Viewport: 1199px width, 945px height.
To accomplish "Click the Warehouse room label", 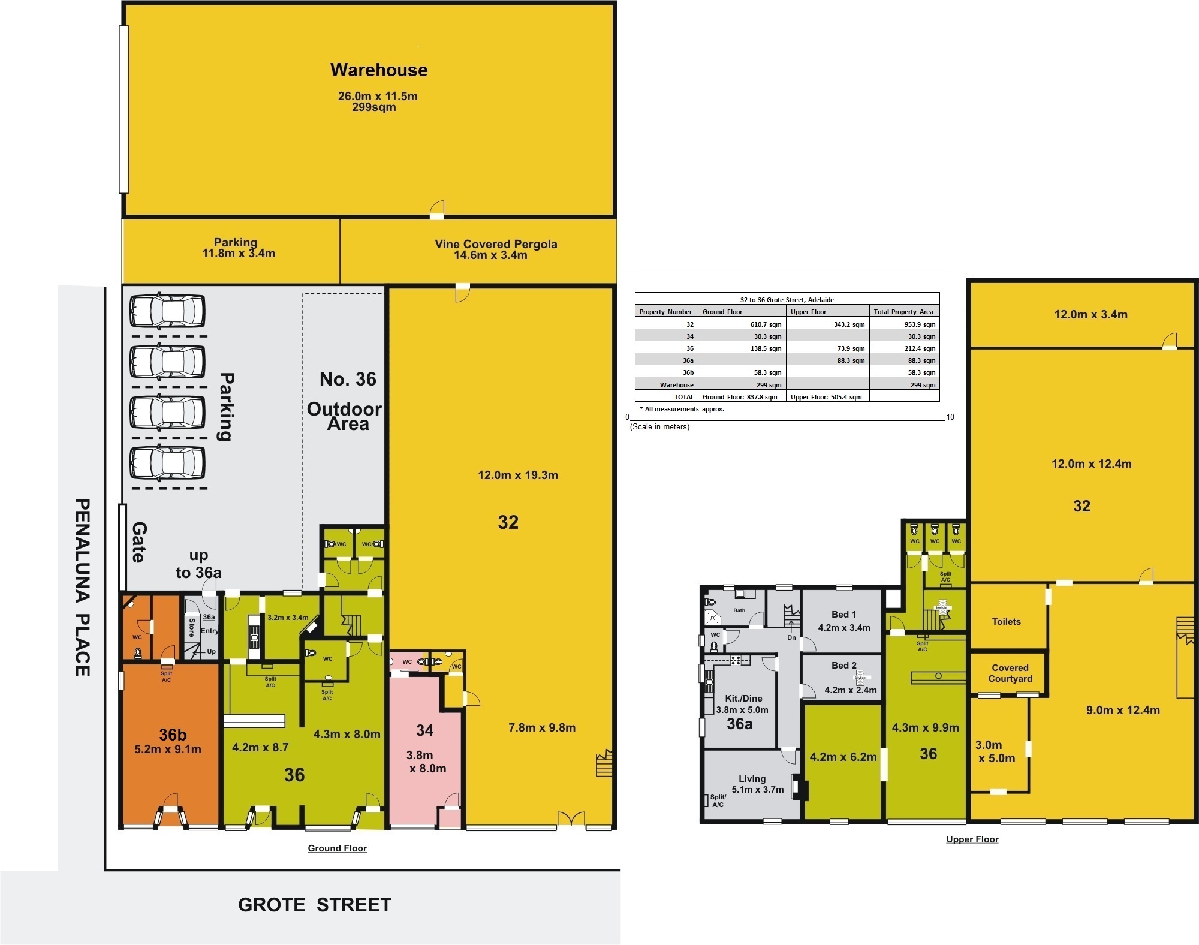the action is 379,70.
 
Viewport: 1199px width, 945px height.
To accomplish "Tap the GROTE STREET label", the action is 315,905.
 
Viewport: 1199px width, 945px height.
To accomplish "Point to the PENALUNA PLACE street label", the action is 82,587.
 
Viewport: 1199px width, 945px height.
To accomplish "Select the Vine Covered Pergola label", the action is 496,244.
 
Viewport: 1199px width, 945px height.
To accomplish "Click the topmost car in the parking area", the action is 167,311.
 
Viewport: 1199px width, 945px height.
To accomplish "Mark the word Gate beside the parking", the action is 139,542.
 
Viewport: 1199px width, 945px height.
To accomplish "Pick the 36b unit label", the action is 173,735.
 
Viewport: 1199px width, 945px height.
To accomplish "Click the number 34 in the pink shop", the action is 424,730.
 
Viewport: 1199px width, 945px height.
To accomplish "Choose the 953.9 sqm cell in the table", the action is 921,324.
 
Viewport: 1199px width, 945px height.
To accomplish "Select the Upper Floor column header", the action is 808,312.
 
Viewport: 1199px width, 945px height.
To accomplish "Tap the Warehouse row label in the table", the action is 677,385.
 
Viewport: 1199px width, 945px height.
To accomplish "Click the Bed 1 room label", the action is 843,614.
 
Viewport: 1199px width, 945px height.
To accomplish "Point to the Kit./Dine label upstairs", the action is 743,698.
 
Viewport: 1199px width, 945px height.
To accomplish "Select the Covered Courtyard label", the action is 1010,673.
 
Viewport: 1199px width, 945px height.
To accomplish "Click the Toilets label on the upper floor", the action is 1006,622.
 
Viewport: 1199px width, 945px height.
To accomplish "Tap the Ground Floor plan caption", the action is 337,848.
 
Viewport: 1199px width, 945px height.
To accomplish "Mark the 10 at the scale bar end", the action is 950,417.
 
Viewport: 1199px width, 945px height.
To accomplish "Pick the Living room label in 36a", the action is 752,779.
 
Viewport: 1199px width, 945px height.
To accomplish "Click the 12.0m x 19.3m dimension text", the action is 518,475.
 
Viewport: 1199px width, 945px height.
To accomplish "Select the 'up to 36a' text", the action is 198,564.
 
